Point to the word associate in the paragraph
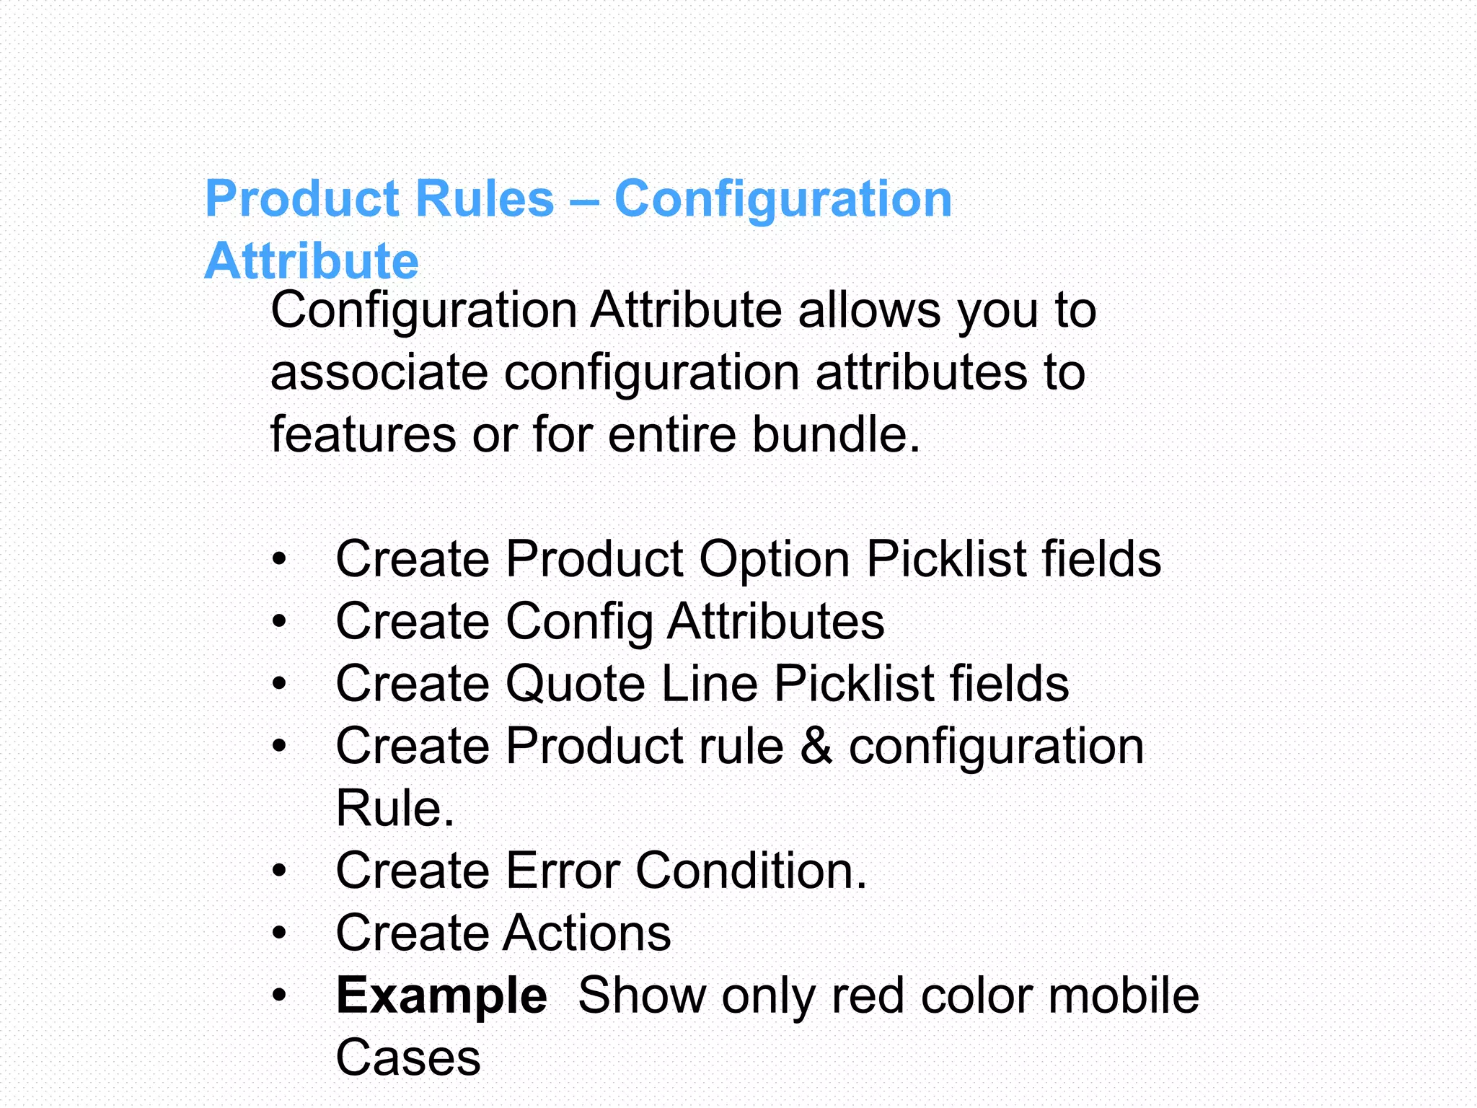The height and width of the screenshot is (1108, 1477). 379,373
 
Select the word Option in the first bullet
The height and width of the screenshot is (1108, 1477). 775,559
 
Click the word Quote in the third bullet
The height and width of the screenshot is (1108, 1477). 575,684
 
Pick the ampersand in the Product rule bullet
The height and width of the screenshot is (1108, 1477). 816,746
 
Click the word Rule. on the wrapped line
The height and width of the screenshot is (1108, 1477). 395,808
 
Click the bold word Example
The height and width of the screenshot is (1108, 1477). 441,995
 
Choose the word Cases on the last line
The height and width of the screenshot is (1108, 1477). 408,1058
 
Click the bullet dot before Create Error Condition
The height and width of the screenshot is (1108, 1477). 279,871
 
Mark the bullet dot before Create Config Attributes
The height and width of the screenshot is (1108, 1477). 279,622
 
